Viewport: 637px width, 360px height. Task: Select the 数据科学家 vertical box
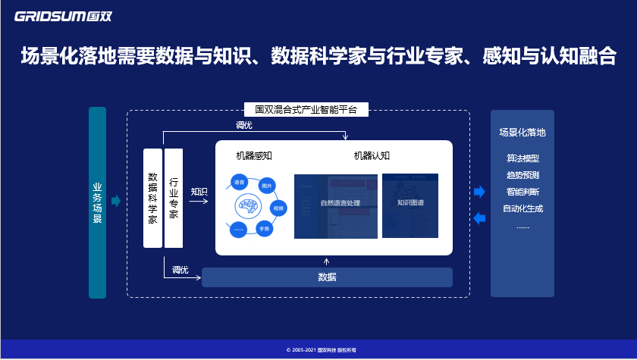[x=152, y=198]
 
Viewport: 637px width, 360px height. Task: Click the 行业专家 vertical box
[x=174, y=198]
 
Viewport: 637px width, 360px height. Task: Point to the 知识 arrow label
[x=199, y=192]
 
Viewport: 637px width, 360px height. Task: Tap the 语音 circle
[x=239, y=183]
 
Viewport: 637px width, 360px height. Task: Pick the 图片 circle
[x=266, y=186]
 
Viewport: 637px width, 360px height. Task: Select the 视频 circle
[x=278, y=207]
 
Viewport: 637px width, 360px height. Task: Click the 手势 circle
[x=264, y=228]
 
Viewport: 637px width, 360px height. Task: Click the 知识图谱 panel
[x=410, y=204]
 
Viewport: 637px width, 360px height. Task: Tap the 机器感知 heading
[x=254, y=156]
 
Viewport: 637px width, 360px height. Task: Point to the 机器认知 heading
[x=372, y=156]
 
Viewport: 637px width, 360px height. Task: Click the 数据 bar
[x=327, y=277]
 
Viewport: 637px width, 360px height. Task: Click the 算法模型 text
[x=522, y=159]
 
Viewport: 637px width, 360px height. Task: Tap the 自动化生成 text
[x=522, y=208]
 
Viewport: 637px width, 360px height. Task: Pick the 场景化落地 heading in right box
[x=522, y=132]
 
